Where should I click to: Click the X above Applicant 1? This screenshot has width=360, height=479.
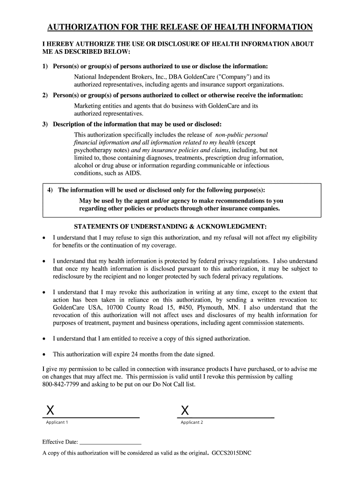(49, 411)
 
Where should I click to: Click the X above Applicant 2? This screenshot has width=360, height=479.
(185, 411)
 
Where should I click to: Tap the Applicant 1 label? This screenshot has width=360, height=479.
(57, 422)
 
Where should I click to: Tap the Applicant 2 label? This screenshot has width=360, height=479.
(192, 422)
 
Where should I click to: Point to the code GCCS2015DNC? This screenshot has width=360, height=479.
(232, 453)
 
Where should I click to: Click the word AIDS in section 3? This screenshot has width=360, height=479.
(133, 173)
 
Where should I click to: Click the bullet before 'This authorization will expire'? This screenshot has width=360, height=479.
(44, 354)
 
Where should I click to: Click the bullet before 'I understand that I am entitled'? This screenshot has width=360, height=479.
(44, 339)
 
